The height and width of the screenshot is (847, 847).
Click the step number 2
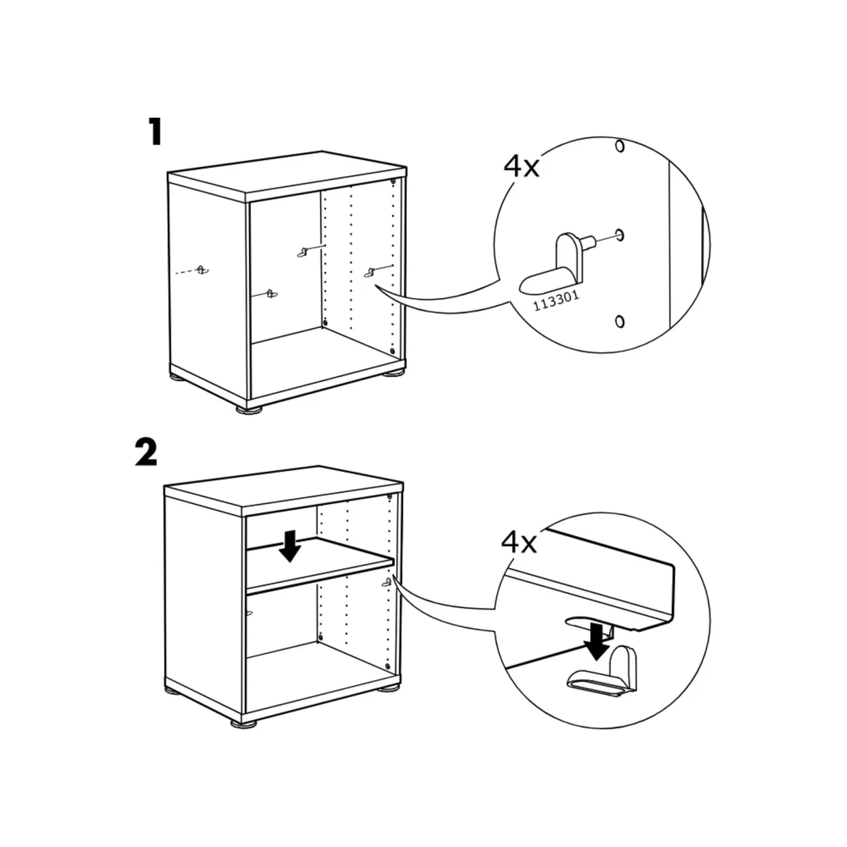pyautogui.click(x=146, y=452)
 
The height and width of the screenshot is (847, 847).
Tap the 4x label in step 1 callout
pyautogui.click(x=521, y=166)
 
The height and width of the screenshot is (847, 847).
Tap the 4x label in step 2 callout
pyautogui.click(x=518, y=543)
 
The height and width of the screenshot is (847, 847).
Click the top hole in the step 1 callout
pyautogui.click(x=619, y=146)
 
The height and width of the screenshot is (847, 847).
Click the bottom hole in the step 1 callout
pyautogui.click(x=619, y=321)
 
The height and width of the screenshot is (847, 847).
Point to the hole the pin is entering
pyautogui.click(x=619, y=235)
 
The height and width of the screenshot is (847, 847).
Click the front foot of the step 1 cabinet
pyautogui.click(x=250, y=409)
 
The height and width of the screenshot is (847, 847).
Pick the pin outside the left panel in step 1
pyautogui.click(x=200, y=269)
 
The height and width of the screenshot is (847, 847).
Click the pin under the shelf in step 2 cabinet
pyautogui.click(x=387, y=582)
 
